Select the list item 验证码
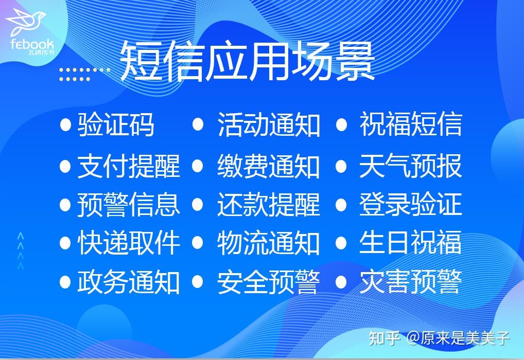(116, 125)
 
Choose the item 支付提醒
(129, 166)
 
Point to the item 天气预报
(410, 166)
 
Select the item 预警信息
(129, 205)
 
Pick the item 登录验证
(410, 205)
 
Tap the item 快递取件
(129, 243)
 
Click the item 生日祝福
(410, 243)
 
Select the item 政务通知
(129, 281)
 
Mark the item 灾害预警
(410, 281)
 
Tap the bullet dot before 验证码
(65, 125)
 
